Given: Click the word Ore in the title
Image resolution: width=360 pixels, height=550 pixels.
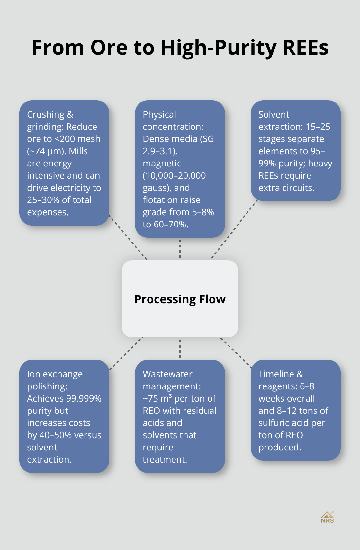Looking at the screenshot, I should [x=109, y=48].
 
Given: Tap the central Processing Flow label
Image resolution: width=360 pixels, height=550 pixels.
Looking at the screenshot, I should [x=180, y=299].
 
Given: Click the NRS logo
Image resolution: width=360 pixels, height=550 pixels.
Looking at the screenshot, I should [x=327, y=517].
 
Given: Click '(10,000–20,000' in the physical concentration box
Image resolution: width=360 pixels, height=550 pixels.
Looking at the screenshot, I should [x=174, y=175].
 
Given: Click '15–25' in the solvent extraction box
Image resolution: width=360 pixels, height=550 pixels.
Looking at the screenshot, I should [x=318, y=127].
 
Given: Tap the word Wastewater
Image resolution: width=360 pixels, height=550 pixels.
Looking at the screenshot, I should [x=167, y=374].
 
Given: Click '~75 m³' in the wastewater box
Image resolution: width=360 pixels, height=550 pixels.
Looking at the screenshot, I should [x=157, y=398].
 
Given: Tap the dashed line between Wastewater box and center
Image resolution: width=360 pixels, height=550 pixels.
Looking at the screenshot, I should [x=180, y=349].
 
